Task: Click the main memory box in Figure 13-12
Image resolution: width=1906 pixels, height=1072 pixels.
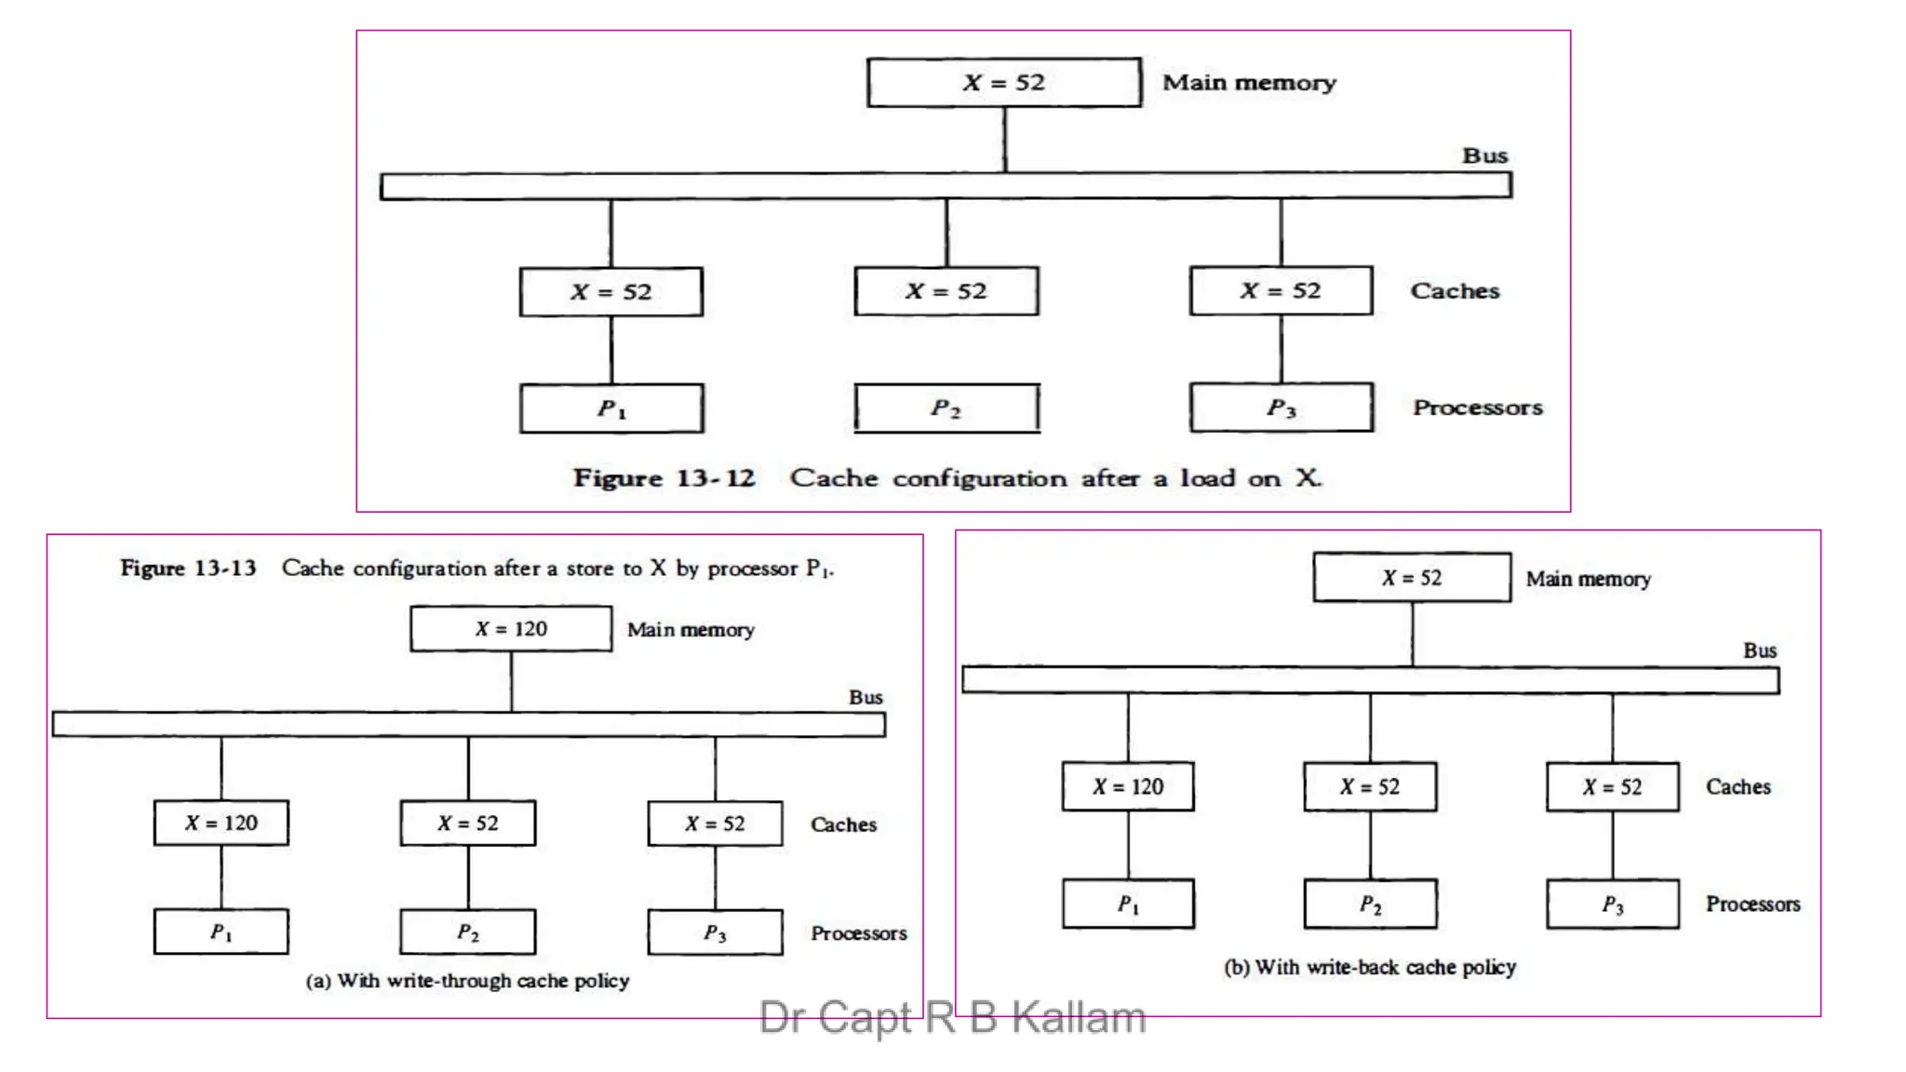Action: [1003, 82]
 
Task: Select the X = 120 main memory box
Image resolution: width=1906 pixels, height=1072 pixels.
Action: [511, 629]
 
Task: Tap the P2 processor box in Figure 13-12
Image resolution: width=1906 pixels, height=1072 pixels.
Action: [946, 408]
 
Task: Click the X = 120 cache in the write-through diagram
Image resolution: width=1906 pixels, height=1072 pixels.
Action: [221, 823]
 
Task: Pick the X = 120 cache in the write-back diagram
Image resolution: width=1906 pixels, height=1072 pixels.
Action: [1128, 787]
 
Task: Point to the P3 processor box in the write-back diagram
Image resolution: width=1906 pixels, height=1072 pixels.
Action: [1613, 904]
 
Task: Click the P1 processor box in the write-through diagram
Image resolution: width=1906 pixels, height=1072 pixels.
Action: [221, 931]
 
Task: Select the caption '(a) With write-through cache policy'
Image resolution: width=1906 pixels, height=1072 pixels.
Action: [467, 981]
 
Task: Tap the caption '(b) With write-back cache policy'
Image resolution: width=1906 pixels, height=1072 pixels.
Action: [1370, 967]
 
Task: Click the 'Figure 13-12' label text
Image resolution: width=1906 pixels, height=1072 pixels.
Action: [664, 478]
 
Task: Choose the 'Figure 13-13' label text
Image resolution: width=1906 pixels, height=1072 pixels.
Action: [188, 569]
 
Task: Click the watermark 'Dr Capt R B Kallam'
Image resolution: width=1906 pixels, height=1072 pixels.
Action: [952, 1017]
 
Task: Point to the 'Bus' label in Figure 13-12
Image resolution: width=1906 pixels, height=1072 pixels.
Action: [1484, 155]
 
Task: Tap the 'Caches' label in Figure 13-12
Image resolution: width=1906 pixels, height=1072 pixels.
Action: [1455, 291]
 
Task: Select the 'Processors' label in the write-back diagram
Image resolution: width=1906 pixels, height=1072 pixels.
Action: [1752, 904]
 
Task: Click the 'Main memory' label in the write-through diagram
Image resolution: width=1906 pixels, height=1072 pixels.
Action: [691, 630]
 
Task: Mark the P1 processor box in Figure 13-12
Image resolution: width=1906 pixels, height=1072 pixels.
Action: [611, 408]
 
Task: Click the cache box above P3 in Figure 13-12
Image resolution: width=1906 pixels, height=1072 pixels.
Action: [1281, 291]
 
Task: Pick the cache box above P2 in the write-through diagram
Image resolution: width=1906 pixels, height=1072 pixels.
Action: [468, 823]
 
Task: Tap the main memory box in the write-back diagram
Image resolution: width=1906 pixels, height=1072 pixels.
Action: [1412, 578]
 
